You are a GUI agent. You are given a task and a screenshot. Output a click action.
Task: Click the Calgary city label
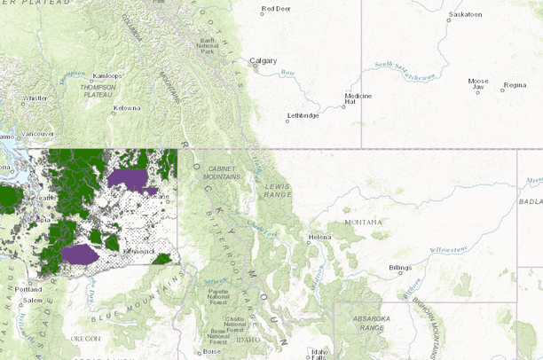pos(264,61)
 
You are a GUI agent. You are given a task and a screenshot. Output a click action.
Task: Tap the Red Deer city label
pos(276,10)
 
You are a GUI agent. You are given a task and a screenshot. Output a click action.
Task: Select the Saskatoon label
pos(466,15)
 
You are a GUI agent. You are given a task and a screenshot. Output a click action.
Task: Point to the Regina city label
pos(515,85)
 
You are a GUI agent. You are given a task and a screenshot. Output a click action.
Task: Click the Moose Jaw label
pos(478,84)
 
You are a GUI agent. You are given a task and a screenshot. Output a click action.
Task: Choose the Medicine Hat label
pos(358,98)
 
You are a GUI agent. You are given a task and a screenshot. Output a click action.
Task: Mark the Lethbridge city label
pos(302,116)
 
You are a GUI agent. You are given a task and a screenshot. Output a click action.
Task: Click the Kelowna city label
pos(127,109)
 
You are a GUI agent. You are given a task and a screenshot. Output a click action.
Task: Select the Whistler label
pos(35,98)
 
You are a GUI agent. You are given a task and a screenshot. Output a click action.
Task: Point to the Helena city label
pos(319,238)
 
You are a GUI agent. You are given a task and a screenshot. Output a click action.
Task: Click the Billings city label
pos(401,267)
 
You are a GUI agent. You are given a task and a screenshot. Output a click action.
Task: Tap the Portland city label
pos(28,289)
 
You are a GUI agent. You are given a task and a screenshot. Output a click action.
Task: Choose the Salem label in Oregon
pos(33,301)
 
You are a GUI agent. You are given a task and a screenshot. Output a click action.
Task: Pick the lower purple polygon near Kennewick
pos(80,254)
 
